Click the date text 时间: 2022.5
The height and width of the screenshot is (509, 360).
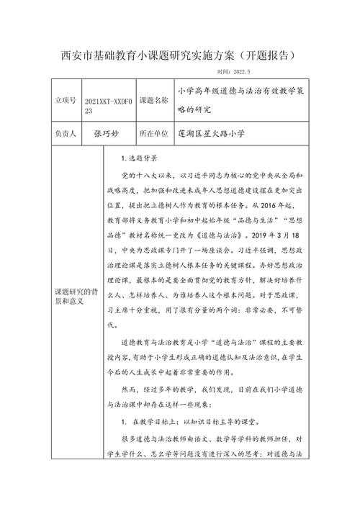tap(233, 72)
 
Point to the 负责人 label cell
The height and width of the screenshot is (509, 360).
tap(60, 134)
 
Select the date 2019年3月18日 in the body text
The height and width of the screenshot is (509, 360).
tap(295, 235)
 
